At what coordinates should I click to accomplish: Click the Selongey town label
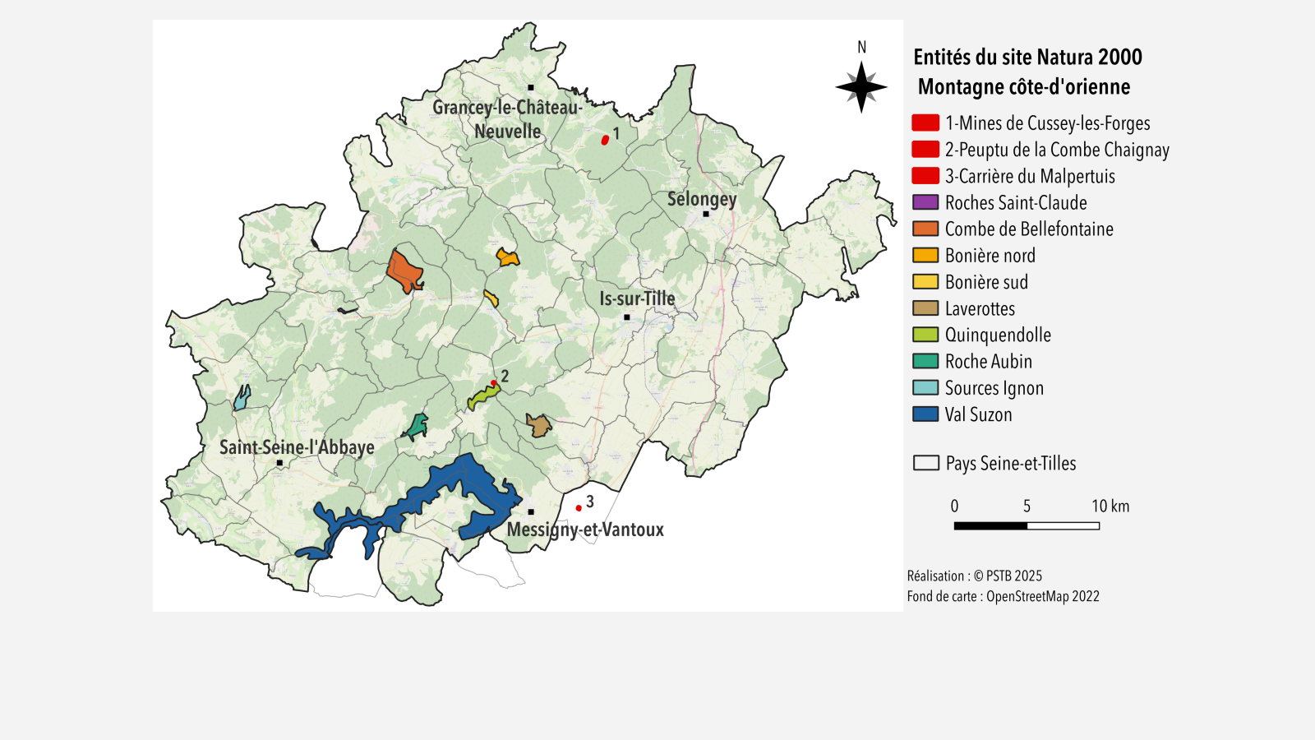(701, 199)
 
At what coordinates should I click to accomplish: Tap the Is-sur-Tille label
(637, 298)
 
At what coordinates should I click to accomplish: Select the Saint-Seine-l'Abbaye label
(297, 447)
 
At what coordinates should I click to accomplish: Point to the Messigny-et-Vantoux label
(585, 530)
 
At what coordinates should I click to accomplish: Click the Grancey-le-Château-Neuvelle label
(507, 119)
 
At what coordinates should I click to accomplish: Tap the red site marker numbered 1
(605, 140)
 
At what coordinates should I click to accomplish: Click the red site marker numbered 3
(579, 508)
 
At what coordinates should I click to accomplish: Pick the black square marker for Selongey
(706, 214)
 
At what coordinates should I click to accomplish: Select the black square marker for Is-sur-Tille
(627, 317)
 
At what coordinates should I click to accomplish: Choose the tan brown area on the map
(538, 426)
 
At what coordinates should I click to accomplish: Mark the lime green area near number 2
(482, 395)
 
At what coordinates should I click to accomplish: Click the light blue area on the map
(242, 399)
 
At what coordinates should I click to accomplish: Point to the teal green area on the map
(418, 426)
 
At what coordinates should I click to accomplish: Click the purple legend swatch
(925, 202)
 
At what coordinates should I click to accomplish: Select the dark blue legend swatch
(925, 414)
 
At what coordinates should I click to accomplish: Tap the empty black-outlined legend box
(926, 463)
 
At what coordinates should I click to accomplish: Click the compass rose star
(861, 86)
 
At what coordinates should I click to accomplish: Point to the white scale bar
(1063, 525)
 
